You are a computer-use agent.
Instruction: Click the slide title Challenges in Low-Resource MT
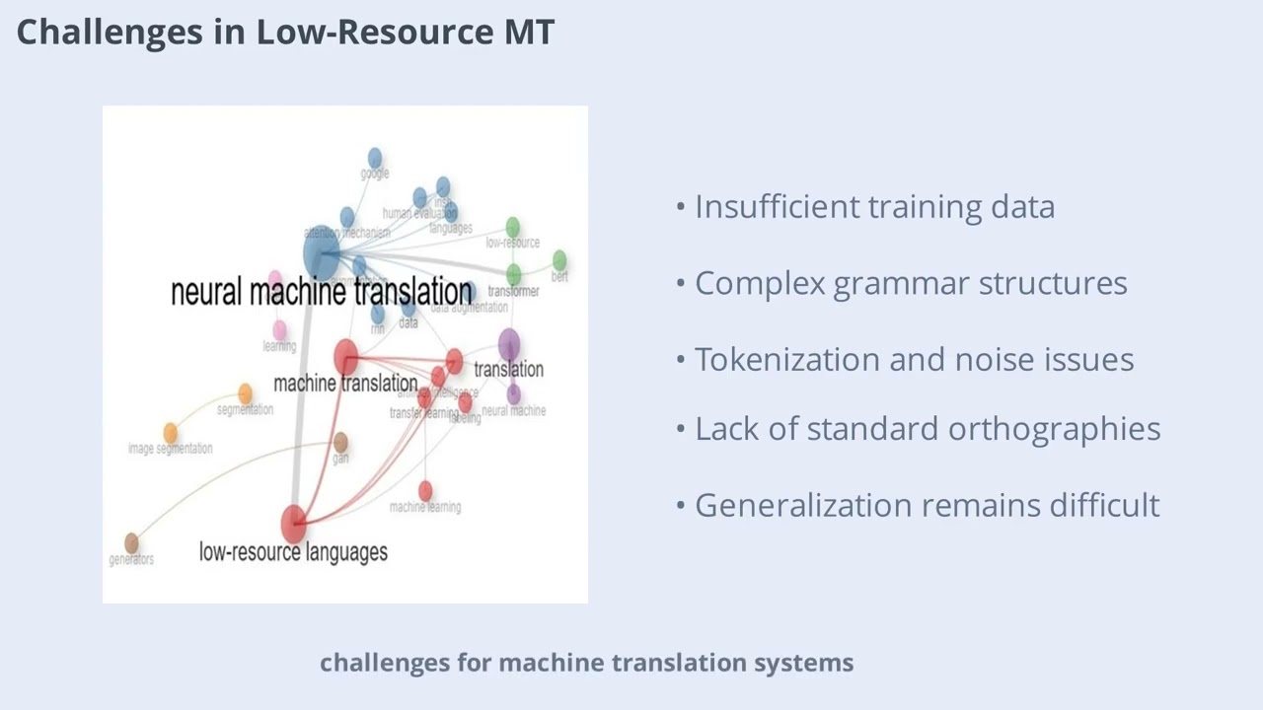285,32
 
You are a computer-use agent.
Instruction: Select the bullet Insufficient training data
874,207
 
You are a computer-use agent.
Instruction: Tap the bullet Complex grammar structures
910,283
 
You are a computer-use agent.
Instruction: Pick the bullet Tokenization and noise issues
914,360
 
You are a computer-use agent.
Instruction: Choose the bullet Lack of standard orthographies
927,429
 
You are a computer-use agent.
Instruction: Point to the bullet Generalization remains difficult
927,505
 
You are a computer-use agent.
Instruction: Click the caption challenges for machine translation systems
586,663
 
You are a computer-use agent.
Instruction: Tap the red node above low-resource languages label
294,524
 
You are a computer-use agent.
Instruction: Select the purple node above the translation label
509,344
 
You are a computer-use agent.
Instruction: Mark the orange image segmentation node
171,432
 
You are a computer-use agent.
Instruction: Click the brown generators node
131,543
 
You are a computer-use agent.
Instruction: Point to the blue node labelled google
375,158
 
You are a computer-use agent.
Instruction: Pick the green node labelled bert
559,260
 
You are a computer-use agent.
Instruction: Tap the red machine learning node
425,490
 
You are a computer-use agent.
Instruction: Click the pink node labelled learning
279,330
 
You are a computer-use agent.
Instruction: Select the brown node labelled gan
340,442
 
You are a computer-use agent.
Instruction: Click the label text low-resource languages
293,552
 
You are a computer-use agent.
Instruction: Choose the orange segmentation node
245,394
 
